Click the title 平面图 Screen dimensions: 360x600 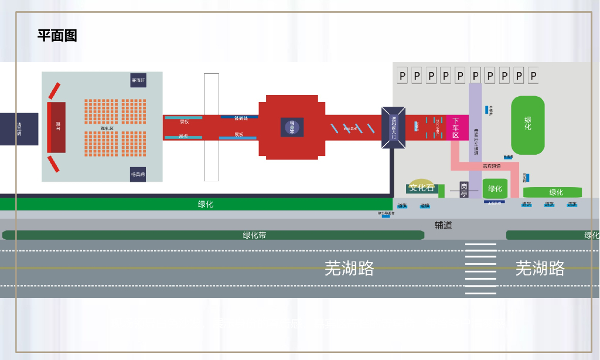coord(57,36)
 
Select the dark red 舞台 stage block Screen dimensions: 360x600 coord(57,127)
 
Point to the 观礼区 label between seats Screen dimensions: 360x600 coord(107,128)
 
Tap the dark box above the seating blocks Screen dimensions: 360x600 coord(138,80)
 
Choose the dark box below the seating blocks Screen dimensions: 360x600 coord(138,174)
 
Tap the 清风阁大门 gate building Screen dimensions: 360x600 coord(393,127)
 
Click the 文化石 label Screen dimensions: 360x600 coord(422,188)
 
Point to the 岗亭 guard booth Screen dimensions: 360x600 coord(464,189)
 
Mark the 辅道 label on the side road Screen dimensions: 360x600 coord(443,225)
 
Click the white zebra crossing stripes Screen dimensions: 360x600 coord(480,269)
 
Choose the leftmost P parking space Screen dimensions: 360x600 coord(403,75)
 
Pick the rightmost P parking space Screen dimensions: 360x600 coord(533,75)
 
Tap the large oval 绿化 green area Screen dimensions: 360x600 coord(528,124)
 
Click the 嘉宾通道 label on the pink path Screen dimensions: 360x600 coord(492,167)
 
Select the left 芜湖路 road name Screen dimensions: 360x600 coord(349,269)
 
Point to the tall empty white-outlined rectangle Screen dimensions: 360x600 coord(212,127)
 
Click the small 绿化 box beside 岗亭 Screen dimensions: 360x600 coord(495,188)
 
